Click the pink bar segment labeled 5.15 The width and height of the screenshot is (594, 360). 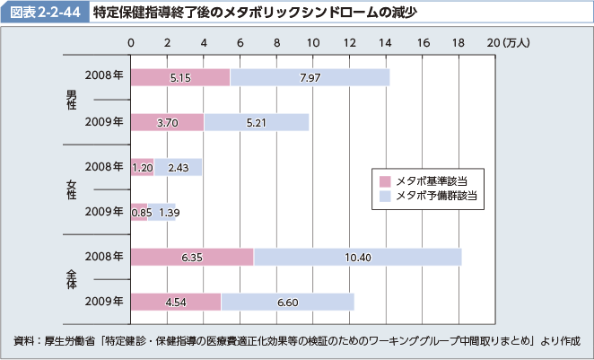[x=179, y=77]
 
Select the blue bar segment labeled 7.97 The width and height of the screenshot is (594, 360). [x=310, y=77]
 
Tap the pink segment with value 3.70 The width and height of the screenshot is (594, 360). [x=167, y=122]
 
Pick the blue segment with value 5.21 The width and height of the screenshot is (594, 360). [x=256, y=122]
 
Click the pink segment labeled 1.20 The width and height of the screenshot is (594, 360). [x=142, y=167]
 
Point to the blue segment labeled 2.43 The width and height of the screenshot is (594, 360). [x=178, y=167]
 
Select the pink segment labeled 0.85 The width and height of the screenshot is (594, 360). [x=139, y=212]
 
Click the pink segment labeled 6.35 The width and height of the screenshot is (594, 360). [x=192, y=257]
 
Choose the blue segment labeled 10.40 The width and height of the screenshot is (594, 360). [x=357, y=257]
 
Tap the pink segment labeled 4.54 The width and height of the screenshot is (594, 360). [x=176, y=302]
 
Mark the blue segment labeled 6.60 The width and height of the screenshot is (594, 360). [x=287, y=302]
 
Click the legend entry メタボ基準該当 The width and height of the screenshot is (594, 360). [x=425, y=180]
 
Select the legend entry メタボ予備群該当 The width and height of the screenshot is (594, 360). [x=430, y=194]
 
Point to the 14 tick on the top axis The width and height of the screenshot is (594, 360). [x=387, y=41]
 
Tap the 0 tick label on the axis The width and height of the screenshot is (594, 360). [x=131, y=41]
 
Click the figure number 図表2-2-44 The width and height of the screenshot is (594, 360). [x=43, y=13]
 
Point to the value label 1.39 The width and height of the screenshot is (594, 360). [x=168, y=212]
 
